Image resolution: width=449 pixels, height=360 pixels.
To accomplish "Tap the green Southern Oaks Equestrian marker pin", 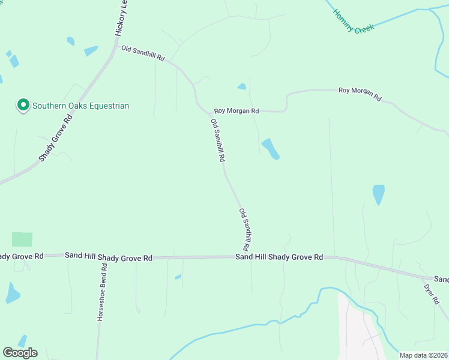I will [23, 106].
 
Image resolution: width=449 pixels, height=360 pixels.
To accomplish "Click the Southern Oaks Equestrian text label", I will [80, 106].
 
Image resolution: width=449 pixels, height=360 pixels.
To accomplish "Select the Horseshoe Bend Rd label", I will [101, 292].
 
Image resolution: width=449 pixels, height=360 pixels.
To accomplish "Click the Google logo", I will [20, 353].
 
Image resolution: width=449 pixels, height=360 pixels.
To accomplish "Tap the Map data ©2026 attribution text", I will [423, 355].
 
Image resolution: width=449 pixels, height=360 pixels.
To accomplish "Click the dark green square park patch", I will [22, 239].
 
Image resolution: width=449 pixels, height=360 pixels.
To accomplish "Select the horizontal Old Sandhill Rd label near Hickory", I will [143, 53].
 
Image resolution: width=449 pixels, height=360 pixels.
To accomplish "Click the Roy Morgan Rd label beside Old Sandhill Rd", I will [237, 111].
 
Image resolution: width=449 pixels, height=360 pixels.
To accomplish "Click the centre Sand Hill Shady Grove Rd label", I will [279, 257].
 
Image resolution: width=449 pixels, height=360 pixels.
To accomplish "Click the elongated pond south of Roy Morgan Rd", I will [270, 149].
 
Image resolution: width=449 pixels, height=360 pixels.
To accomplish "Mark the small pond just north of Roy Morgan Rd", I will [241, 86].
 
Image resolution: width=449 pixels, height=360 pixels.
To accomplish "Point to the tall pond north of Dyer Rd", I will [378, 194].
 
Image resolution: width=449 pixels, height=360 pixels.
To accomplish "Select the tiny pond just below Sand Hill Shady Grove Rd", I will [178, 277].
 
